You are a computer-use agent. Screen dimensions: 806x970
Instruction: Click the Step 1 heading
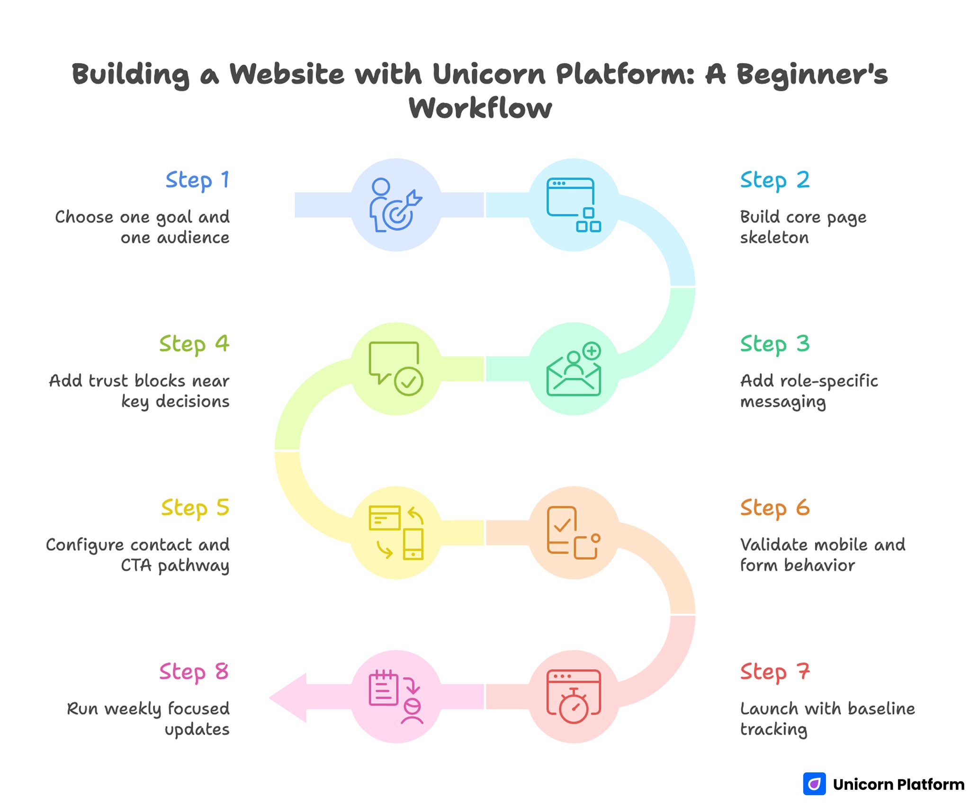(x=198, y=181)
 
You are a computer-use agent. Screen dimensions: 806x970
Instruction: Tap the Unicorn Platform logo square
(x=814, y=784)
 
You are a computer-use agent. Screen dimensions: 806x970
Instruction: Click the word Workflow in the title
(x=480, y=108)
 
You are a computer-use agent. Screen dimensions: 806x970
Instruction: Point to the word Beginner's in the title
(x=811, y=74)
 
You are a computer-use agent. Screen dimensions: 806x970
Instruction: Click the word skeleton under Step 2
(x=774, y=238)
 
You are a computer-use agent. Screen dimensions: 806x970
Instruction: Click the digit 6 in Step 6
(x=802, y=508)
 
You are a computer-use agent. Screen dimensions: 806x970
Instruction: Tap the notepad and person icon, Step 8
(x=395, y=697)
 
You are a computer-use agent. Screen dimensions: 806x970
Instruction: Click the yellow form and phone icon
(x=395, y=533)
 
